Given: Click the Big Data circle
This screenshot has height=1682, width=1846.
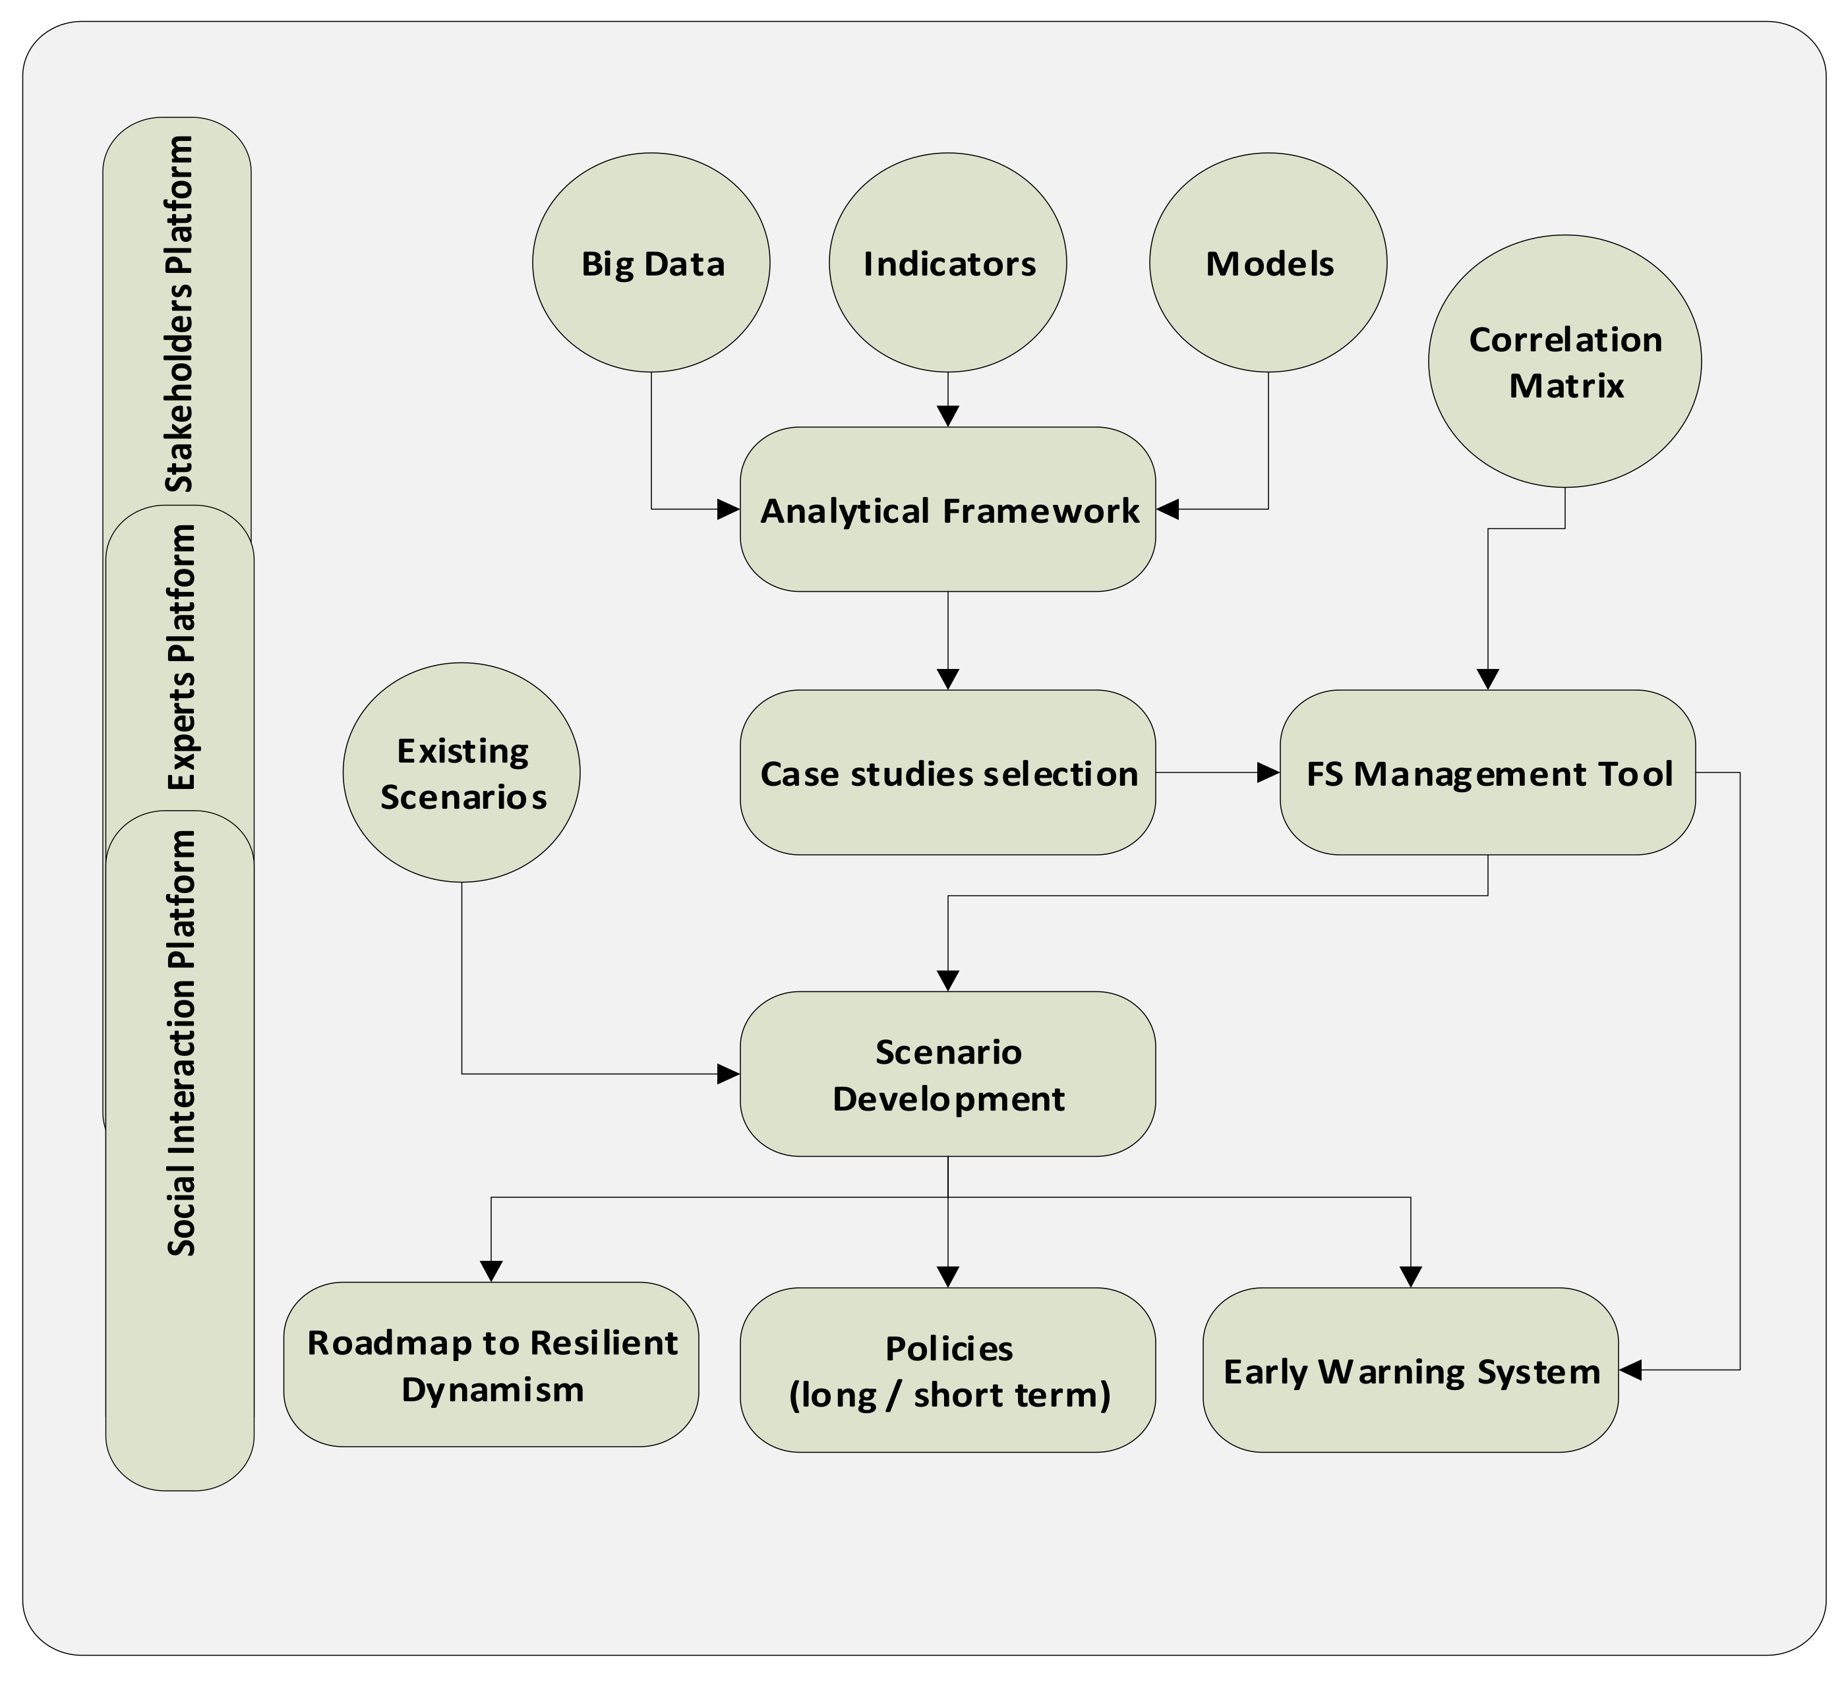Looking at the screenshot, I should pos(651,263).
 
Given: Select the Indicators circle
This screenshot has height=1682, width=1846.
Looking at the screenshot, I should pos(948,263).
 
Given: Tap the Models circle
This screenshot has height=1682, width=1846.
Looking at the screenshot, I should pos(1268,263).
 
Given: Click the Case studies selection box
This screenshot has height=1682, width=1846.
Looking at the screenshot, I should pos(948,773).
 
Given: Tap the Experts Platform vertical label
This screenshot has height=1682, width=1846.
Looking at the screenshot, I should pos(181,656).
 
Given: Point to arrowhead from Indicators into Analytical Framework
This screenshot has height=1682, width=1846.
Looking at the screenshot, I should pos(948,416).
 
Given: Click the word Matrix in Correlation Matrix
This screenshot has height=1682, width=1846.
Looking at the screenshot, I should pos(1566,386).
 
